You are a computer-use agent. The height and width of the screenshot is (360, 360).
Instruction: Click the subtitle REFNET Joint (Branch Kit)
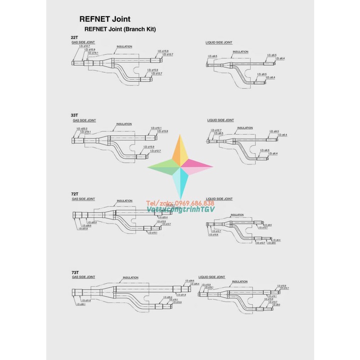tap(120, 29)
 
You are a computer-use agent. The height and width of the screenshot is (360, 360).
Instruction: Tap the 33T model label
tap(74, 115)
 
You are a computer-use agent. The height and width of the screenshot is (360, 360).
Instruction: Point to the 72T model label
tap(75, 194)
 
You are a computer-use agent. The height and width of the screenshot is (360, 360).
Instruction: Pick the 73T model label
tap(75, 273)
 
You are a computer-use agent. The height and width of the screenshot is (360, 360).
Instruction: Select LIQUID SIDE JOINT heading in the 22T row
tap(219, 43)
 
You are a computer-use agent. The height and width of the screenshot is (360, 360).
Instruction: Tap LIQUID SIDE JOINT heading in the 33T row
tap(220, 120)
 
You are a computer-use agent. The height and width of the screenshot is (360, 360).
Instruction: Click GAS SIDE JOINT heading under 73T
tap(84, 277)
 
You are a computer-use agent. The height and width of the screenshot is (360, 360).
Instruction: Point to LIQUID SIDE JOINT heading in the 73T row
tap(212, 277)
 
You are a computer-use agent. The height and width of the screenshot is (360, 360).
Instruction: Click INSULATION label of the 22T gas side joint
tap(124, 46)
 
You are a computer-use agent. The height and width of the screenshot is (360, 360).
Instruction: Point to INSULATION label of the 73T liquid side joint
tap(240, 282)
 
